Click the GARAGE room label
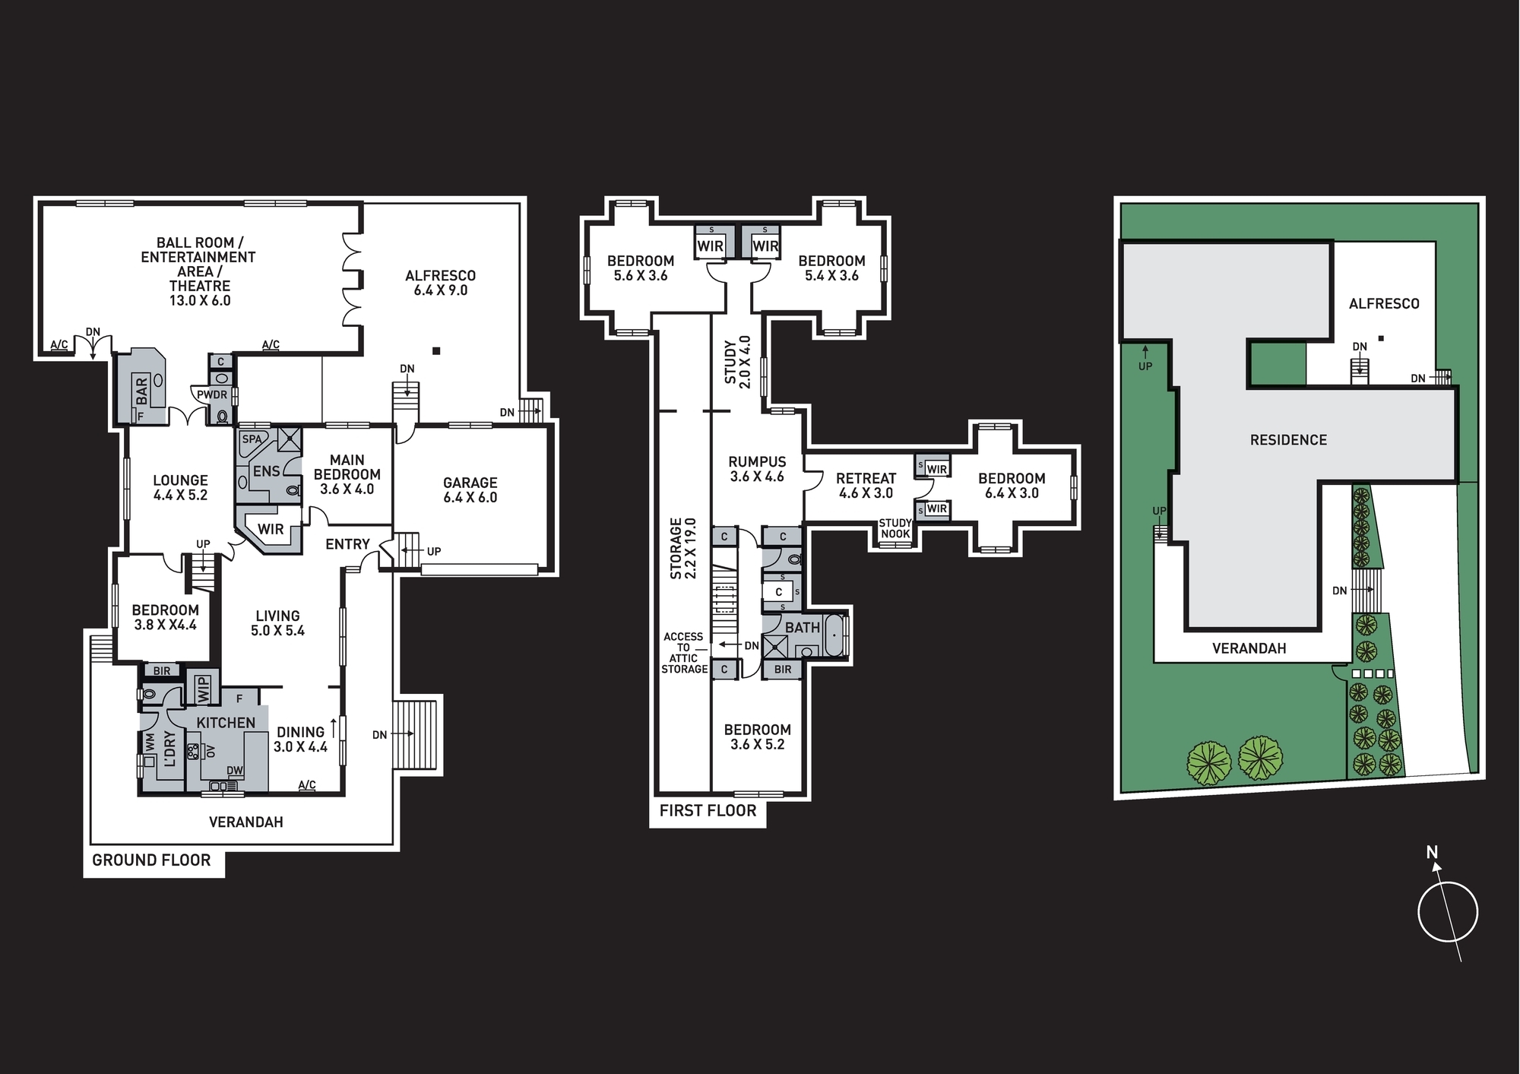point(470,483)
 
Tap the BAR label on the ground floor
point(142,391)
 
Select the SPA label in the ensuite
point(252,439)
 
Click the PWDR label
point(212,395)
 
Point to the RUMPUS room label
point(757,462)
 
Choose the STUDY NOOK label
point(895,528)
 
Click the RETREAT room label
point(866,479)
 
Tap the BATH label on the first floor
point(803,628)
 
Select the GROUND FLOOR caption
point(151,860)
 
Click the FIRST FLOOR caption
point(708,811)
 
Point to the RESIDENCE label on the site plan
point(1288,440)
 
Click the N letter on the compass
point(1432,853)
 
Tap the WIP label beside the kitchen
point(203,689)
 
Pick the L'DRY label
point(169,749)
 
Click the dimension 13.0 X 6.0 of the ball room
point(200,301)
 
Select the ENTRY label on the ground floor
point(347,544)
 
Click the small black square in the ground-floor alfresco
point(436,350)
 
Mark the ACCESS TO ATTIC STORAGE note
point(684,653)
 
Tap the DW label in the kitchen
point(235,771)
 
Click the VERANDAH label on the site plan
point(1249,648)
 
